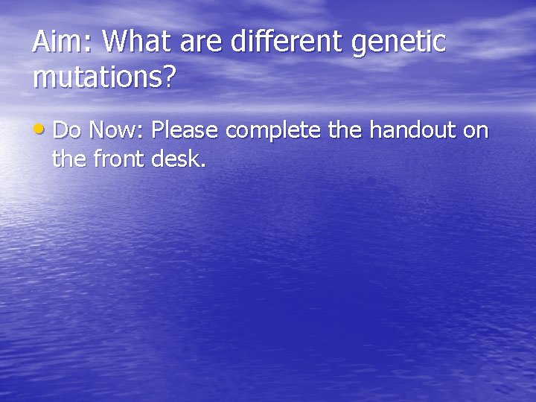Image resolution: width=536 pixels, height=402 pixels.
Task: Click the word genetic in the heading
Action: (x=398, y=43)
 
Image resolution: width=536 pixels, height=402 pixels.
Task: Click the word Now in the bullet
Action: (x=114, y=131)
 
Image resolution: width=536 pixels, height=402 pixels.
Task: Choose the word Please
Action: (x=185, y=131)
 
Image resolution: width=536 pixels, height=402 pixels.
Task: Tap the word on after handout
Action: (x=476, y=133)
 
